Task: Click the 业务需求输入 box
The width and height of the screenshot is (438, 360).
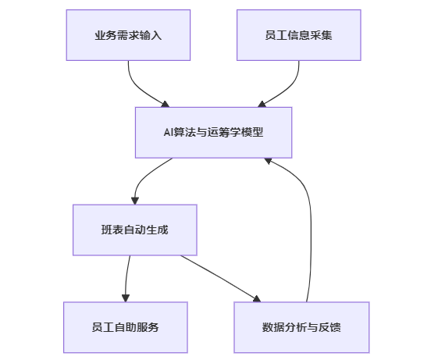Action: (128, 35)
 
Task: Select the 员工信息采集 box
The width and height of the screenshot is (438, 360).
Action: (299, 35)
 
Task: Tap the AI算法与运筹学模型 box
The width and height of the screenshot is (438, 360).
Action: (214, 133)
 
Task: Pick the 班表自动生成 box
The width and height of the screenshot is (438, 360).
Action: (135, 230)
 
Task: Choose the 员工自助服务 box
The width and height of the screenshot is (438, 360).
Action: (126, 327)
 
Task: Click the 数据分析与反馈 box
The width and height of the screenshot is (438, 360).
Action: (301, 327)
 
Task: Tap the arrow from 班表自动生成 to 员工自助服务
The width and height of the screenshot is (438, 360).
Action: (126, 278)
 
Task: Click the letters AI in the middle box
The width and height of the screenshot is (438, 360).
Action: (168, 133)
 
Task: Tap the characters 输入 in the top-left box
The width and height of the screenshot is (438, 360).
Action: (151, 35)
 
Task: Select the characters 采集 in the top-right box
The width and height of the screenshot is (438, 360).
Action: (321, 35)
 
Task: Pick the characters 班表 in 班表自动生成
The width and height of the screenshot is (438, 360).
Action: (112, 230)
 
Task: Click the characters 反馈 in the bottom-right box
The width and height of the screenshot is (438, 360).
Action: (330, 327)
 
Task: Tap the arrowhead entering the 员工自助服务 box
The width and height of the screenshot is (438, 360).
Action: (126, 298)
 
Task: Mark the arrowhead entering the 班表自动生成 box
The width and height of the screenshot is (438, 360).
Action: (135, 201)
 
